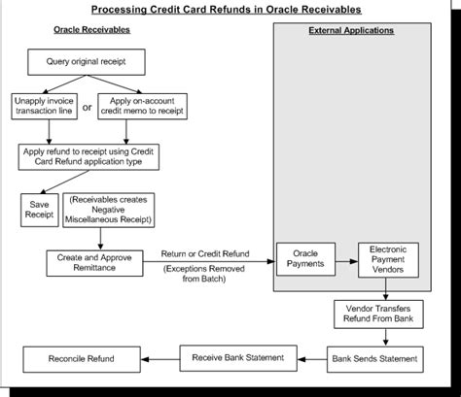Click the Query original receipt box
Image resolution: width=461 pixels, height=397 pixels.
(87, 62)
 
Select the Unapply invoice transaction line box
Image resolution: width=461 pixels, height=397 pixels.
(44, 107)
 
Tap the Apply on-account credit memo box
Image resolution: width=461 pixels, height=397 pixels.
(142, 107)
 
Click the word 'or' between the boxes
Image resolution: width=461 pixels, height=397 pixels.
(87, 107)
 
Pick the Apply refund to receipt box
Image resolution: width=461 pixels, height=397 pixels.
(89, 157)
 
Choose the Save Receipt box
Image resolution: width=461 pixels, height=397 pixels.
(40, 210)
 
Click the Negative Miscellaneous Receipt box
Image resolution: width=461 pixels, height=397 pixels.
(108, 210)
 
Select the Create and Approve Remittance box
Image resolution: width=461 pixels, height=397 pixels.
(94, 263)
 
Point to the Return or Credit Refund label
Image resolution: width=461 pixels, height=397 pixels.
(205, 253)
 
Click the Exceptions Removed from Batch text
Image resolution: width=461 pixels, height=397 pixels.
(204, 274)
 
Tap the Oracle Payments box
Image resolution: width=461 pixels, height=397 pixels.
(305, 259)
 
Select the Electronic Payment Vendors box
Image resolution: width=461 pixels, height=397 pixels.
(388, 260)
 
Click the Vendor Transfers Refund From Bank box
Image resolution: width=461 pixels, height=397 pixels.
(378, 314)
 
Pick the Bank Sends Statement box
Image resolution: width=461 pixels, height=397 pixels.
(374, 359)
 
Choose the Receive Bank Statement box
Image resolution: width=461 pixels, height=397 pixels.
(238, 358)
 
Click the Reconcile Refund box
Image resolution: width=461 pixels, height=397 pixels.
(82, 359)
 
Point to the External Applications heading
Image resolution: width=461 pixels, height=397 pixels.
(351, 31)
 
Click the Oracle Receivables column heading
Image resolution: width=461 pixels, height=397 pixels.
(91, 30)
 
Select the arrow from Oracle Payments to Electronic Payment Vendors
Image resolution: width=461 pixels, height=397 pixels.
(347, 261)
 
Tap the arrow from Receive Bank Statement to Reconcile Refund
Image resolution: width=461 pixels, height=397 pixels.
(160, 359)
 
